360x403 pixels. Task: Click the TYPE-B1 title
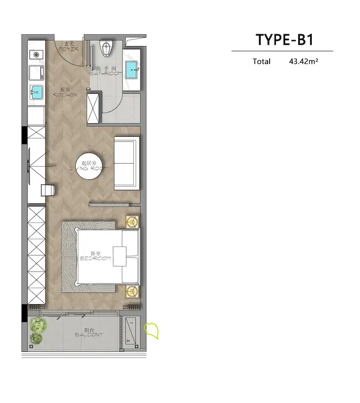click(285, 40)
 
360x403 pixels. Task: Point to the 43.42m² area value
click(303, 62)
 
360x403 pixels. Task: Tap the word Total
click(261, 62)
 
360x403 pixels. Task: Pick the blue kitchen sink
click(36, 92)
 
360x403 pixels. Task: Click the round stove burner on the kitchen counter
click(36, 55)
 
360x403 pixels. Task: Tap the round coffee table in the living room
click(90, 166)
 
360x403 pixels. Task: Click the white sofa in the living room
click(127, 163)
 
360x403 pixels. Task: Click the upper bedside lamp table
click(132, 222)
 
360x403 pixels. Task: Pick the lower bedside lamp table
click(132, 291)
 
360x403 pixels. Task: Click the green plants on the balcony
click(38, 330)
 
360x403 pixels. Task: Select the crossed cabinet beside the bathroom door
click(93, 108)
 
